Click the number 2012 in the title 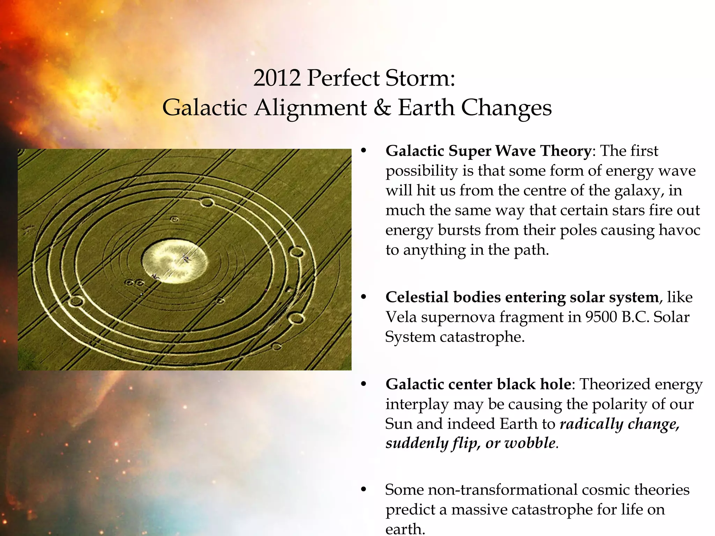pos(277,78)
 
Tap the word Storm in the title pos(420,78)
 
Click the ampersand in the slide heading pos(382,107)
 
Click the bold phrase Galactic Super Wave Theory pos(488,151)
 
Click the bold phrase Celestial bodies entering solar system pos(522,297)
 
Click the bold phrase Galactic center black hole pos(478,384)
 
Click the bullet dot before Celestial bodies pos(363,297)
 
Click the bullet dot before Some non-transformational pos(363,490)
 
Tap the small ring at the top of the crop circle pos(207,202)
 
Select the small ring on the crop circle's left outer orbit pos(76,301)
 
